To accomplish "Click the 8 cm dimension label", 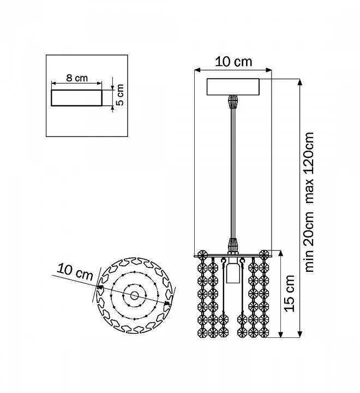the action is pos(77,78).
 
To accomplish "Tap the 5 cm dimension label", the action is pos(120,95).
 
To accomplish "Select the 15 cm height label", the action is pos(289,293).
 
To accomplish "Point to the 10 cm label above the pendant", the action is pos(233,62).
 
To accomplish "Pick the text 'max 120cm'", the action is pos(309,168).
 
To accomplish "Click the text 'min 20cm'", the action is pos(309,242).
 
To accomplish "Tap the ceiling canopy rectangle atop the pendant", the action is pos(233,87).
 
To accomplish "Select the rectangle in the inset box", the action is pos(77,98).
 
